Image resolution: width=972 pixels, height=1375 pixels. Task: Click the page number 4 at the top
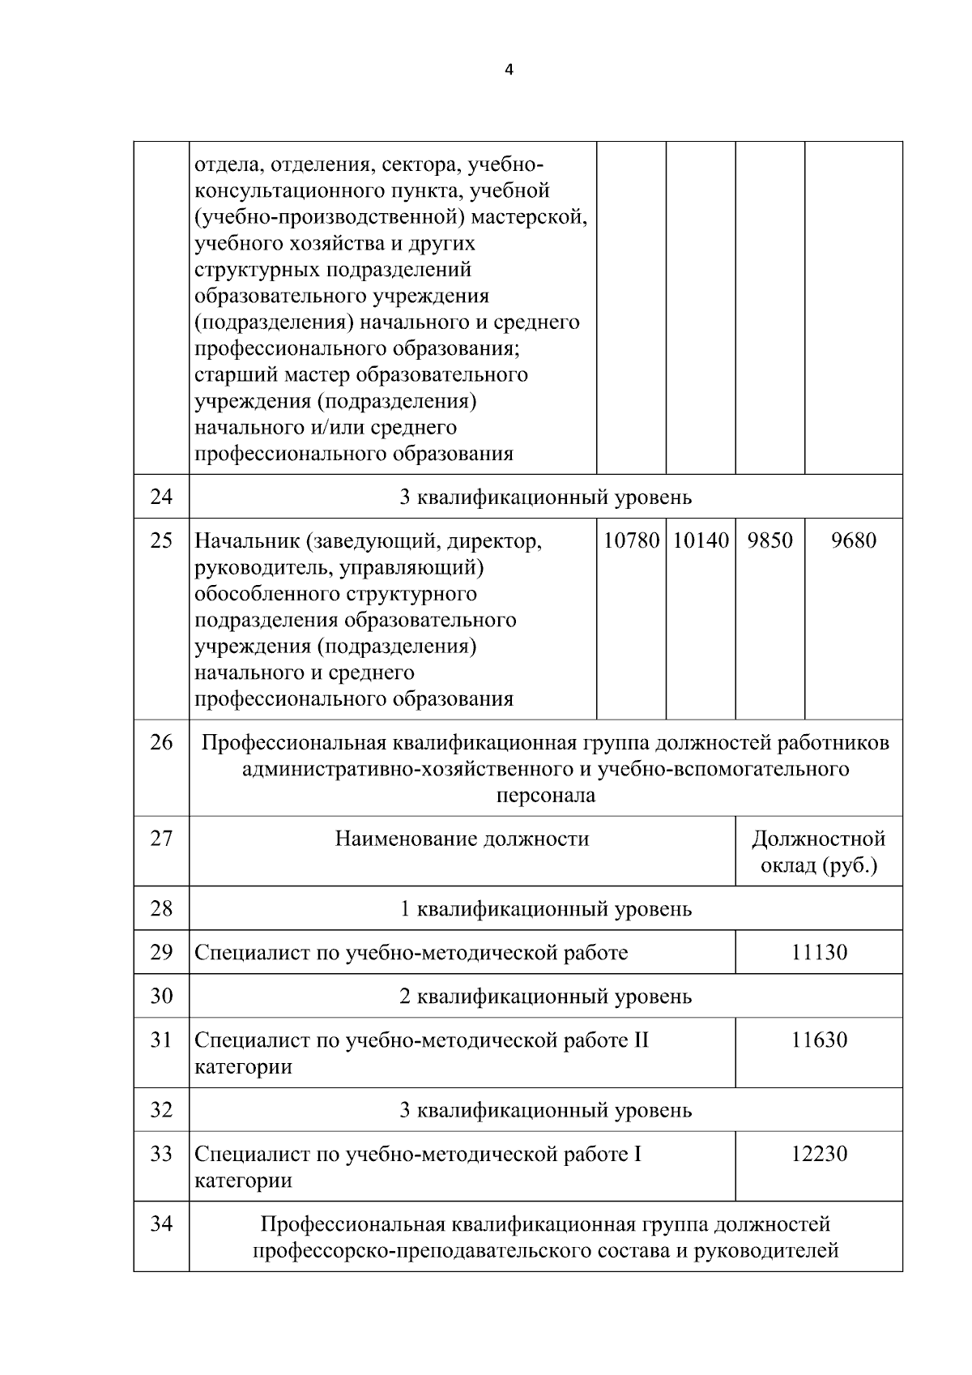point(509,70)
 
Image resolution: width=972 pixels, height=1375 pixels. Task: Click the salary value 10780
point(631,540)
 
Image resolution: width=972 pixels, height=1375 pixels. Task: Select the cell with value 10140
point(701,540)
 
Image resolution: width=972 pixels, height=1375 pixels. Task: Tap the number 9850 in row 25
point(769,540)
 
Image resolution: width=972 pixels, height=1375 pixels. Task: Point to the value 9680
point(853,540)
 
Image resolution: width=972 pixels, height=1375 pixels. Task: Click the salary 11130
point(819,952)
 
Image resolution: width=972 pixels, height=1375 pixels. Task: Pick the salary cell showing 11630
point(819,1040)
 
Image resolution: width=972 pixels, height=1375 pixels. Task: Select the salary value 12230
point(819,1153)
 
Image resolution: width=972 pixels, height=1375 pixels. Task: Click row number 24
point(161,497)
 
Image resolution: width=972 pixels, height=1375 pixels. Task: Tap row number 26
point(161,741)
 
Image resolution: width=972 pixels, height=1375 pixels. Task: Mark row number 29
point(161,952)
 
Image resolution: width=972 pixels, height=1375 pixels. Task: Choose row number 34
point(161,1223)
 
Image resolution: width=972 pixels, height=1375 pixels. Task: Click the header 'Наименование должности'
point(462,839)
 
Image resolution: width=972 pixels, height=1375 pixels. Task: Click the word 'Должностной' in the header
point(819,839)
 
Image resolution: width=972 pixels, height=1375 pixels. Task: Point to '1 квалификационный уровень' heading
point(546,908)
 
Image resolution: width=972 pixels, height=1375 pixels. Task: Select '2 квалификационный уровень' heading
point(546,996)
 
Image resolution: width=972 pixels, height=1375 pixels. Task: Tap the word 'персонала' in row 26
point(545,795)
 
